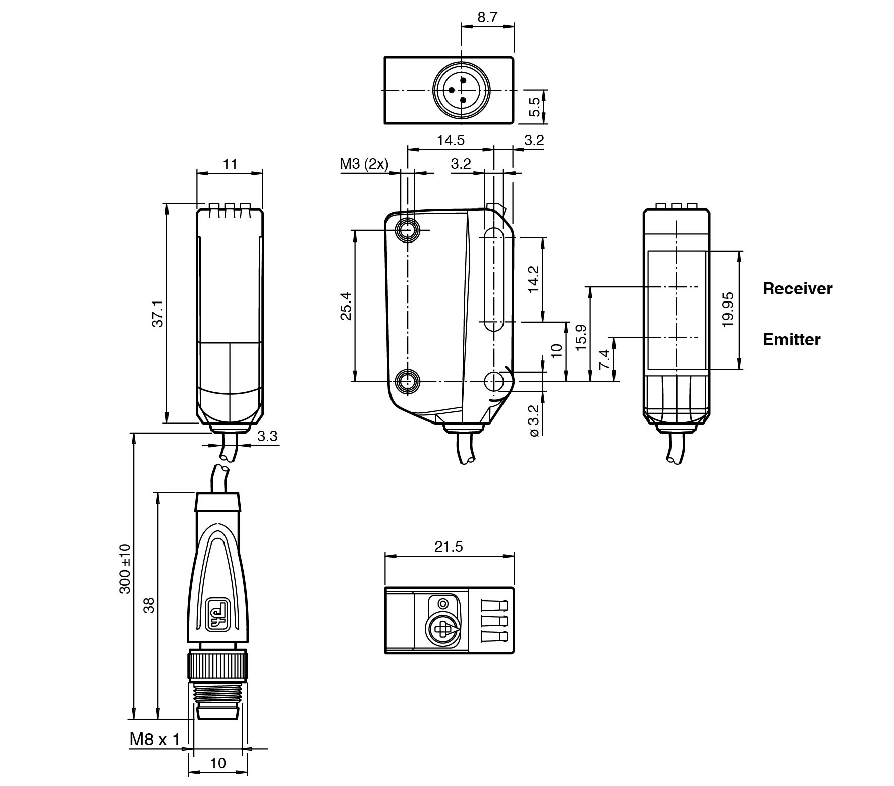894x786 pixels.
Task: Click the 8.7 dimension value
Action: click(x=487, y=17)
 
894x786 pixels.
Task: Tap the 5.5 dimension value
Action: click(x=535, y=106)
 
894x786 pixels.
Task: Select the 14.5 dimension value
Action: click(x=451, y=140)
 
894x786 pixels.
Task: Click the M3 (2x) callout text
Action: click(x=364, y=164)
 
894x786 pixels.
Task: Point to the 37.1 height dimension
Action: click(x=158, y=314)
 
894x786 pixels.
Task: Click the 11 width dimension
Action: click(x=230, y=164)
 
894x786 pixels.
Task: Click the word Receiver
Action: click(x=798, y=289)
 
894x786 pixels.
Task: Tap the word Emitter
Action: click(x=791, y=340)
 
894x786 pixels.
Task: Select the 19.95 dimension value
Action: click(x=728, y=310)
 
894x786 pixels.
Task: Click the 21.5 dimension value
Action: click(x=449, y=547)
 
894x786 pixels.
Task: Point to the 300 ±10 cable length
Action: click(x=125, y=569)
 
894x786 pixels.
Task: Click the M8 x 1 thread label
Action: click(x=154, y=739)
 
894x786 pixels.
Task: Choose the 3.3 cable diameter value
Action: click(x=267, y=436)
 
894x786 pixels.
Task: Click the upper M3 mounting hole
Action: click(x=407, y=230)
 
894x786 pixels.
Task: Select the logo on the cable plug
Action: click(x=218, y=613)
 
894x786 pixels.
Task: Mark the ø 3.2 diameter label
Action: click(x=535, y=420)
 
